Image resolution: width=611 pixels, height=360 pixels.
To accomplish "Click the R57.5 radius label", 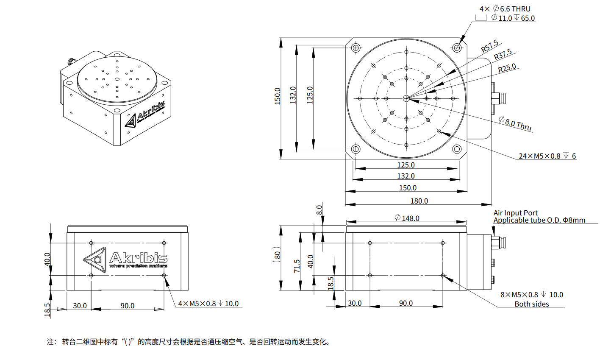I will [489, 47].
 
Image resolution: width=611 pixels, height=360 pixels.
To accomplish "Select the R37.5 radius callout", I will [503, 55].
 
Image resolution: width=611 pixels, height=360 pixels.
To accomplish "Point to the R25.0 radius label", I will [507, 68].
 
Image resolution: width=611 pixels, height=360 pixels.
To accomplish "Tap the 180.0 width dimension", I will [419, 201].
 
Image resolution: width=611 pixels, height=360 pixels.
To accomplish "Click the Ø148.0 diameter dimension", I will [407, 218].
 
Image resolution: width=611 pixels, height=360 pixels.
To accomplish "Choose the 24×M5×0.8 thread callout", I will [547, 156].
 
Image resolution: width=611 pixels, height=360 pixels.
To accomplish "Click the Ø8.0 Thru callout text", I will [515, 124].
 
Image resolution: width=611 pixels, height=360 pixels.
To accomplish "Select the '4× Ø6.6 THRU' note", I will [505, 9].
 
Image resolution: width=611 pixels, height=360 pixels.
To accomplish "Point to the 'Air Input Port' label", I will [515, 213].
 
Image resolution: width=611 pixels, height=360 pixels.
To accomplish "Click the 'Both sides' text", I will [532, 304].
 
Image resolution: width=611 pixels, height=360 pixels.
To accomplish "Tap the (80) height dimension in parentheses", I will [278, 255].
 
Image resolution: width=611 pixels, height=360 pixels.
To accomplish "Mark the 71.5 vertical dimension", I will [297, 266].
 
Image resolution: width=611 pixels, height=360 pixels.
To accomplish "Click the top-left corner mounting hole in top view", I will [355, 47].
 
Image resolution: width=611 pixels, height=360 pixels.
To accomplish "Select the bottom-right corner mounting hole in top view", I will [457, 149].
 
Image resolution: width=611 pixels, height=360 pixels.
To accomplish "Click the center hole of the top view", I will [406, 98].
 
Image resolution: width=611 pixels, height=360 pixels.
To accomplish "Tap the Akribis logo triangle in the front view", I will [95, 259].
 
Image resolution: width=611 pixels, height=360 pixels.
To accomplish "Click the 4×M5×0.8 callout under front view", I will [208, 304].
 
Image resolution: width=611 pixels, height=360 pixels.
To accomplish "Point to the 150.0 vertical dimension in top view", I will [278, 96].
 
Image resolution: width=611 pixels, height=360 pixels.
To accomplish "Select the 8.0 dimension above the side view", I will [320, 210].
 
